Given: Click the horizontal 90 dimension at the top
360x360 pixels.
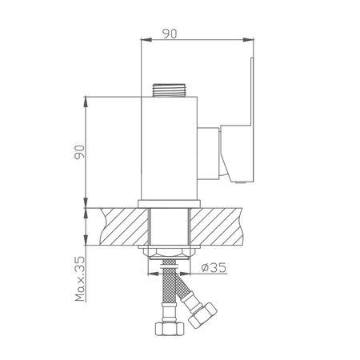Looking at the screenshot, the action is (170, 34).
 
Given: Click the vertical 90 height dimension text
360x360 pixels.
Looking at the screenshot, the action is (79, 152).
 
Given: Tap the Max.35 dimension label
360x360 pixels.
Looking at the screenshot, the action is (80, 279).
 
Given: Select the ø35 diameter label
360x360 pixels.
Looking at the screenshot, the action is (214, 267).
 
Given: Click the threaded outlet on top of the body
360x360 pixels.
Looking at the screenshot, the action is (169, 90).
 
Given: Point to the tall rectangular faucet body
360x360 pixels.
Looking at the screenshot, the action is (169, 148).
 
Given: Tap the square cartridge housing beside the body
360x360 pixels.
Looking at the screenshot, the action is (208, 153).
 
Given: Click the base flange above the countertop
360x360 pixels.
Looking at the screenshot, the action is (169, 204).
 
